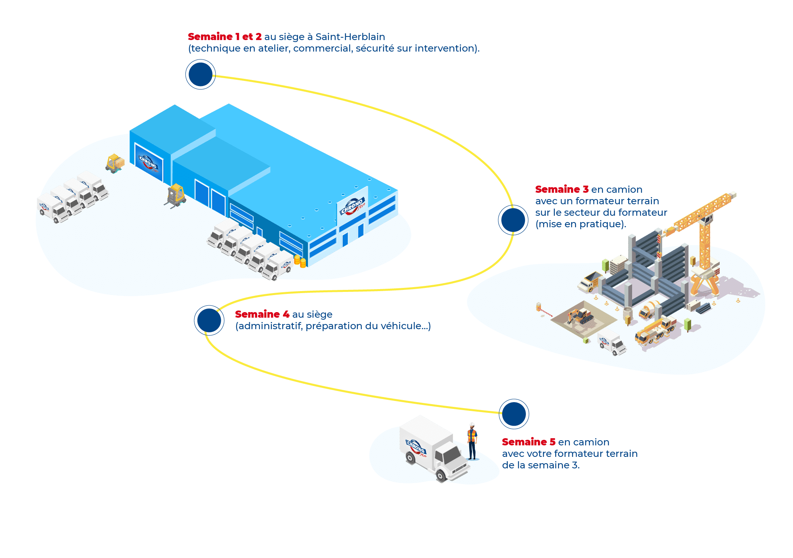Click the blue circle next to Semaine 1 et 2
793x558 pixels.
pos(200,75)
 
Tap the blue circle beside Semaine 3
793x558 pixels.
pos(513,220)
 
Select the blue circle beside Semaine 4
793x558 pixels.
pos(209,320)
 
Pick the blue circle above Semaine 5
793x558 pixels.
pos(514,414)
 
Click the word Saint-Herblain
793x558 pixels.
pos(350,37)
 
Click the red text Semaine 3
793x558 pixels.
pos(562,190)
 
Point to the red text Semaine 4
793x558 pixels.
pos(262,314)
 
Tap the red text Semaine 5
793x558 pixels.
pos(528,442)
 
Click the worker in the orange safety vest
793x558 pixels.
pos(472,441)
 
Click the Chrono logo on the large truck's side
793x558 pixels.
pos(416,448)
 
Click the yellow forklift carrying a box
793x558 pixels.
pos(115,163)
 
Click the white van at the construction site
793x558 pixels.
pos(611,341)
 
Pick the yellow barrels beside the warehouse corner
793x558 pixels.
pos(300,261)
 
